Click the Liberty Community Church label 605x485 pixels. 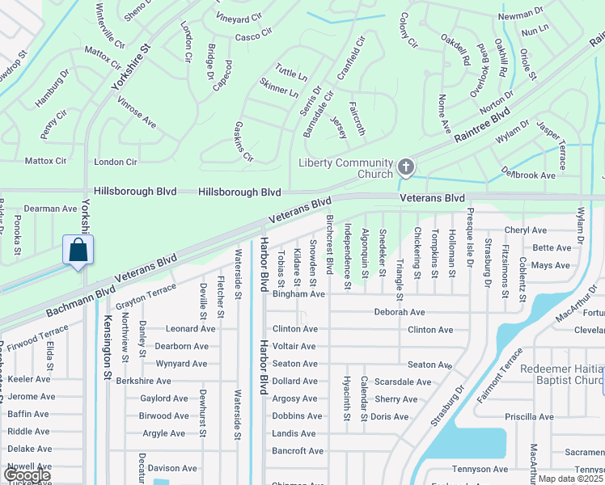345,168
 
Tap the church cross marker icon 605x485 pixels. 406,168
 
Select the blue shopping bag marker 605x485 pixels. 78,250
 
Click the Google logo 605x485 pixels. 26,475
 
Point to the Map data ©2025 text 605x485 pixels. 571,479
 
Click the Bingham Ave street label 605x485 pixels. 298,294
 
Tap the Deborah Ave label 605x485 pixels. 399,312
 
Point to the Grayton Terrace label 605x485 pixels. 146,297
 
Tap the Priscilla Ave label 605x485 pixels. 529,417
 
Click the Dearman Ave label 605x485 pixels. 50,209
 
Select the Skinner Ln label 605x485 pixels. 279,88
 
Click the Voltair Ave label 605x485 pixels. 294,346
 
